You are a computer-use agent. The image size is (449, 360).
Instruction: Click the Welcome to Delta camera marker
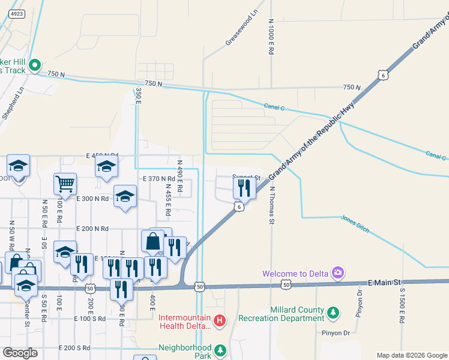(x=337, y=274)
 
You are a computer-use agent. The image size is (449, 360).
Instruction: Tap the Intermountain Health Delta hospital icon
(x=220, y=322)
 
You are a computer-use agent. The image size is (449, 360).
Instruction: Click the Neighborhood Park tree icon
(x=220, y=349)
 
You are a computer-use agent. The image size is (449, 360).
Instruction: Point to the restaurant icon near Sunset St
(x=243, y=188)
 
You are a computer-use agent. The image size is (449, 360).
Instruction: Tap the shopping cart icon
(x=65, y=183)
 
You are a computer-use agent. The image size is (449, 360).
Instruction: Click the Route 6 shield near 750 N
(x=382, y=74)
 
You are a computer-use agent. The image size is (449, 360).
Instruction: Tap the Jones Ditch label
(x=355, y=224)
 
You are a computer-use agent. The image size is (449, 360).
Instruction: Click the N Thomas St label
(x=271, y=205)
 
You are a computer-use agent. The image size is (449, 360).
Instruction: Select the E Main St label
(x=383, y=282)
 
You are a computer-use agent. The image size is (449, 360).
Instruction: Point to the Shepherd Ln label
(x=13, y=104)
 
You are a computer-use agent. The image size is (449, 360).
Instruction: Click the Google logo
(x=20, y=352)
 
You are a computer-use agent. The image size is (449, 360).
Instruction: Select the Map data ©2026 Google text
(x=411, y=355)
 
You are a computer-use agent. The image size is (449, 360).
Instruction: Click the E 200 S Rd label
(x=74, y=348)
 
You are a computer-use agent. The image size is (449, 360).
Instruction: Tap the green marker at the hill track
(x=34, y=65)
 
